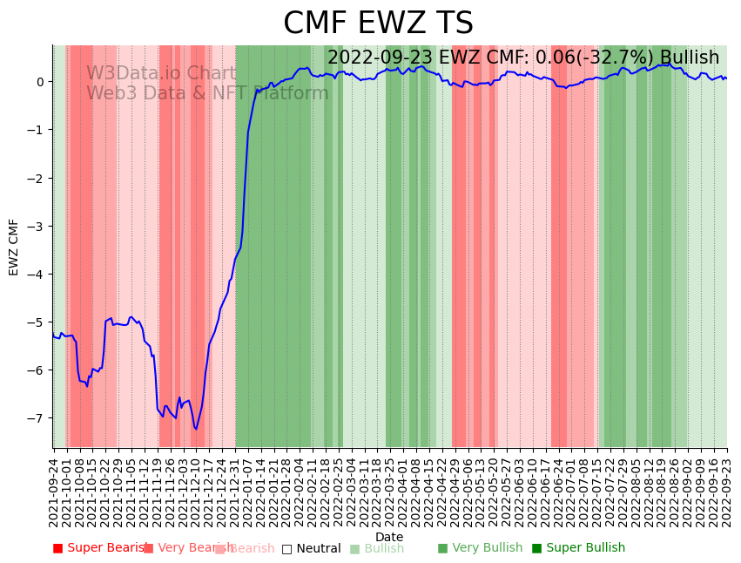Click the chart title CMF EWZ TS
coord(378,24)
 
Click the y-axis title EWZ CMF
coord(14,247)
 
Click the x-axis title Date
coord(389,537)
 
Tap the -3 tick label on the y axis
coord(37,227)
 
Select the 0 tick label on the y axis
coord(40,82)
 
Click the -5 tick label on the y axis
coord(37,322)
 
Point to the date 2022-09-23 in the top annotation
coord(381,58)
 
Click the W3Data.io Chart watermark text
coord(161,74)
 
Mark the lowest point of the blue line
coord(196,429)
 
